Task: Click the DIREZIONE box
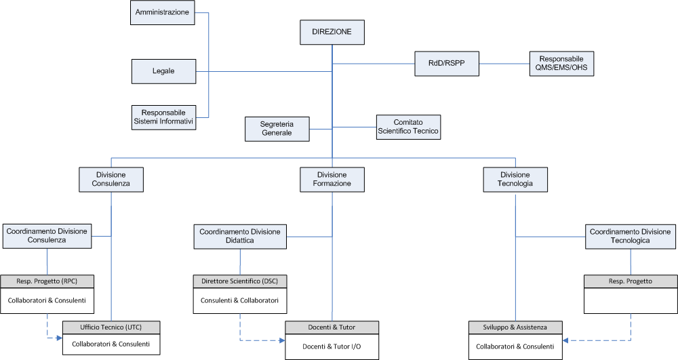coord(332,32)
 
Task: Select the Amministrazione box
coord(163,12)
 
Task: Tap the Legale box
coord(163,71)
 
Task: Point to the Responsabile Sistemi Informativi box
coord(163,117)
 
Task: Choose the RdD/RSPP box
coord(447,64)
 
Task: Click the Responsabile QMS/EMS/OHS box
coord(561,64)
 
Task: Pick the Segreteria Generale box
coord(277,129)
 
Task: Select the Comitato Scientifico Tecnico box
coord(409,127)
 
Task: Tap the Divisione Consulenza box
coord(111,180)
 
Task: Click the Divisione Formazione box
coord(332,180)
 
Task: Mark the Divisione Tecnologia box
coord(515,180)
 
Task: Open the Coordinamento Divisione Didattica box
coord(240,237)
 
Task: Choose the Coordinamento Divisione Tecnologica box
coord(631,237)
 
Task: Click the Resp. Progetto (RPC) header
coord(47,281)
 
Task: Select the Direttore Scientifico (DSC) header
coord(240,281)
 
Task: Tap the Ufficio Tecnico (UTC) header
coord(111,327)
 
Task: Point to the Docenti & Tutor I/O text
coord(332,346)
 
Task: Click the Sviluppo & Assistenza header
coord(515,327)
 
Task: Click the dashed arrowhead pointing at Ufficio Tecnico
coord(60,338)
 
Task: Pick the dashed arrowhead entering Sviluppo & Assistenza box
coord(565,340)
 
